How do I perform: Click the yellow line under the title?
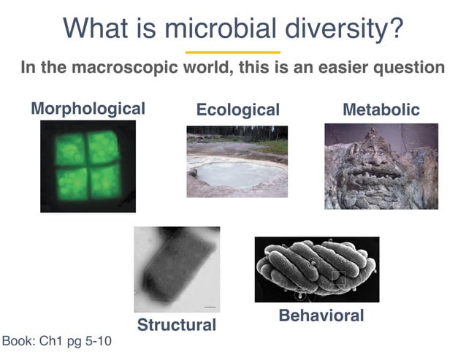click(232, 53)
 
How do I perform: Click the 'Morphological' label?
click(88, 109)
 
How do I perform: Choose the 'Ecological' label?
click(237, 110)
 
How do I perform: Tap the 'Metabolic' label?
click(381, 110)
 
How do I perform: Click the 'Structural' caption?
click(177, 324)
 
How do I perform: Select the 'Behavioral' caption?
click(321, 316)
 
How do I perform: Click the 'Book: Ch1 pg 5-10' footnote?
click(57, 341)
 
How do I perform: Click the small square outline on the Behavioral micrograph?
click(337, 277)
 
